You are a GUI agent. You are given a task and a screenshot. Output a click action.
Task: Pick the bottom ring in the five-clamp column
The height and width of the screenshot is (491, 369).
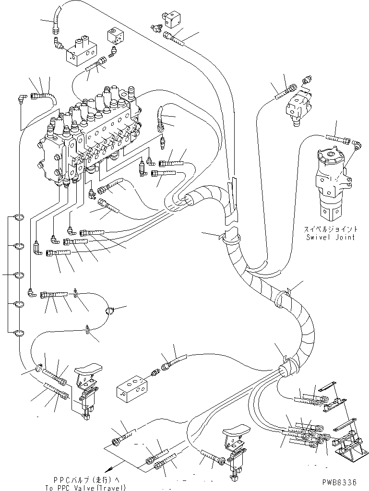(x=18, y=332)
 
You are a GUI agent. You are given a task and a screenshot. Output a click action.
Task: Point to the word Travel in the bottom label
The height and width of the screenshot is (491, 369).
(x=111, y=488)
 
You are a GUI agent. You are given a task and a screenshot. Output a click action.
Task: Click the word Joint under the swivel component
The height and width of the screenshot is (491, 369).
(x=344, y=237)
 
